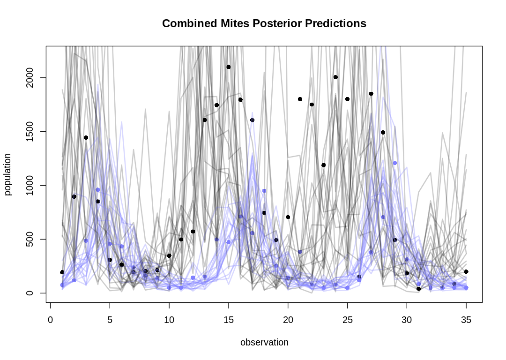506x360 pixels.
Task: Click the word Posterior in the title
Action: point(264,23)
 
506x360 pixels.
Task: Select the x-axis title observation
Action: point(264,343)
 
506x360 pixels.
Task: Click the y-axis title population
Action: point(8,174)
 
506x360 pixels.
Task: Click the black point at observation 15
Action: point(229,67)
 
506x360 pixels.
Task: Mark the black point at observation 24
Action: point(335,77)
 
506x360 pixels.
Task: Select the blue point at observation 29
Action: point(395,163)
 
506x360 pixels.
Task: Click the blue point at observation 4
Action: point(98,190)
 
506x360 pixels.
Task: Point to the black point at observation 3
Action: point(86,138)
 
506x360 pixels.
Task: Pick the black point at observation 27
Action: point(371,94)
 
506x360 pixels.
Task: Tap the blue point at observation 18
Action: point(264,191)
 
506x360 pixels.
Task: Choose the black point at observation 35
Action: point(466,272)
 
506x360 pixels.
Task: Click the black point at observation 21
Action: point(300,99)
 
